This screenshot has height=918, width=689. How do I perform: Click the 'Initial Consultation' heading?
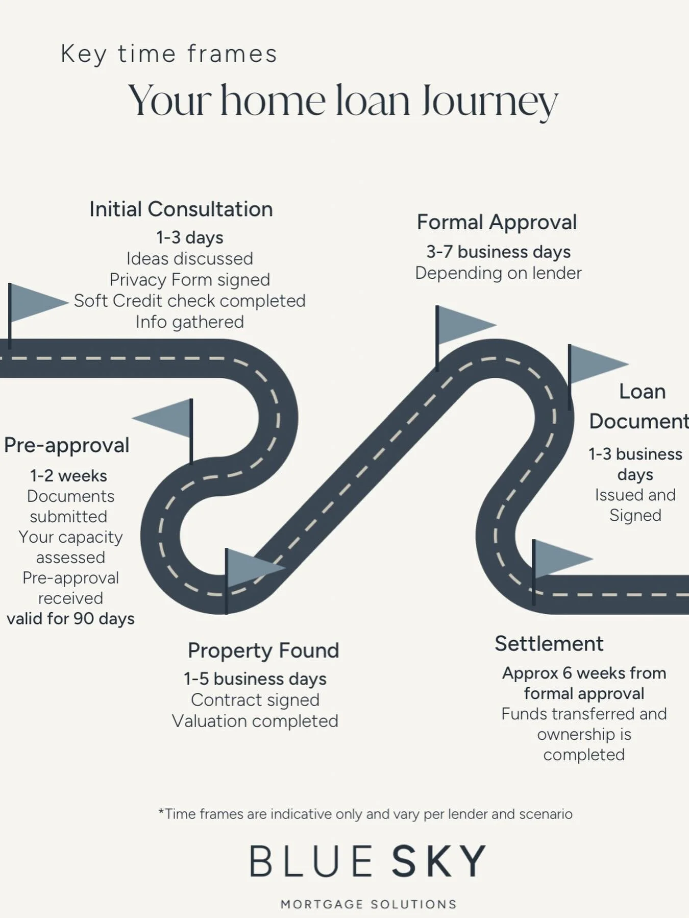[x=181, y=209]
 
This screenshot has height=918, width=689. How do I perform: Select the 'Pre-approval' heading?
[x=67, y=445]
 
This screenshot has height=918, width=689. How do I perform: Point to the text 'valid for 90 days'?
[x=71, y=619]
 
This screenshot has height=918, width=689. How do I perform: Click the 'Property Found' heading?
[x=263, y=650]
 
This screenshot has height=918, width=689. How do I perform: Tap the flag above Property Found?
[x=250, y=567]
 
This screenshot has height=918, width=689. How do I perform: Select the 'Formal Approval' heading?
[x=497, y=223]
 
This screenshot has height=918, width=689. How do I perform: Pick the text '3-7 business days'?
[x=499, y=252]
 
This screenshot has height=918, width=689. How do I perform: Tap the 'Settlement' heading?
[x=549, y=644]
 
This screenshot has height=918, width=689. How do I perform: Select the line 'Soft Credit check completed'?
[x=190, y=301]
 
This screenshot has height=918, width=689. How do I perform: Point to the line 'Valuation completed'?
[x=255, y=721]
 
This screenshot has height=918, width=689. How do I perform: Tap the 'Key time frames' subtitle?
[x=169, y=54]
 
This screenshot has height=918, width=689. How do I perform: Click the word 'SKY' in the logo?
[x=439, y=861]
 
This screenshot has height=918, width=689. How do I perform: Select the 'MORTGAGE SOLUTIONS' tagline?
[x=368, y=904]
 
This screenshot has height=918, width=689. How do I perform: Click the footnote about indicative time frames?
[x=365, y=813]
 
